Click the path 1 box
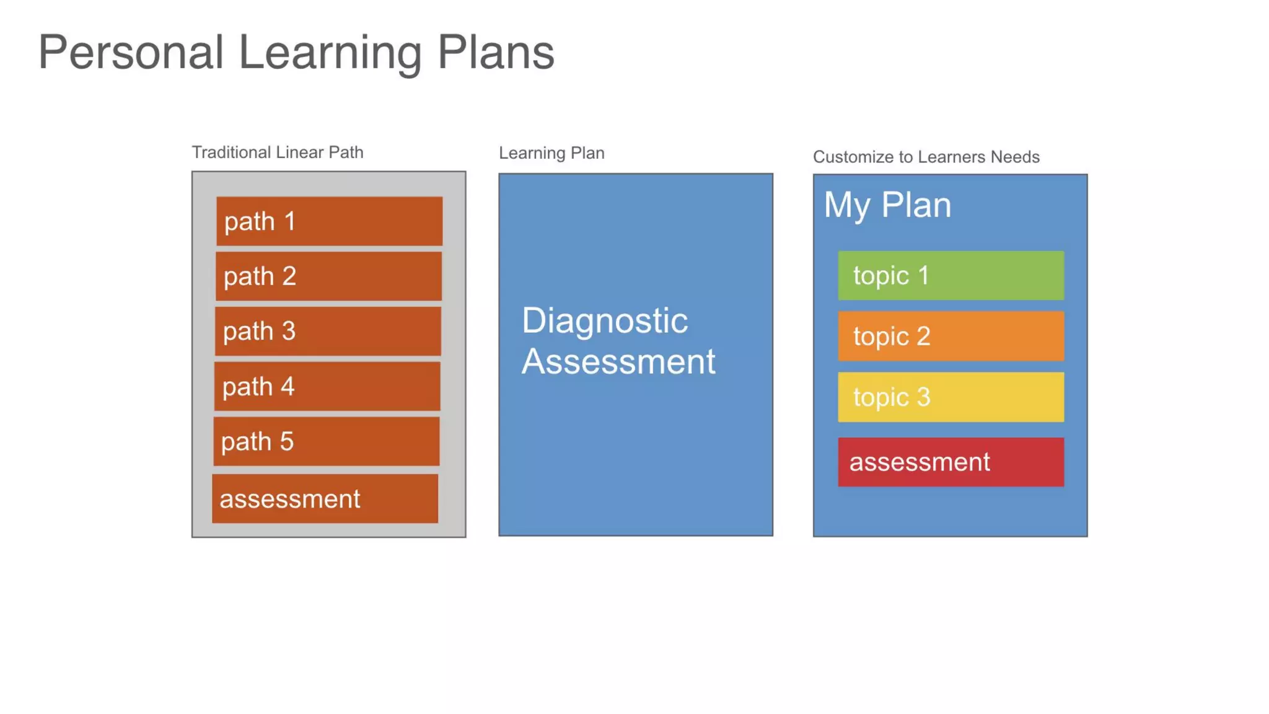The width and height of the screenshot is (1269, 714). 329,221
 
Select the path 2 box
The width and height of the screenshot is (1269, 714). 328,276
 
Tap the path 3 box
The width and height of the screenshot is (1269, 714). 328,331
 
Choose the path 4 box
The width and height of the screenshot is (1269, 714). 327,386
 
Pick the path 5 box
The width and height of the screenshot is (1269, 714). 327,441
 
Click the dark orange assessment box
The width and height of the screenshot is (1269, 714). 325,499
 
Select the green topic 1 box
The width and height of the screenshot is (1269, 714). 951,275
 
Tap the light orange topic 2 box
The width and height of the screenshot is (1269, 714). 951,336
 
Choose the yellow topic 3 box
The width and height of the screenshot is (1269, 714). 951,397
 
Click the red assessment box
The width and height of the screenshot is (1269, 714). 951,462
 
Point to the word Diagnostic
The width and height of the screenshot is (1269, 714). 605,321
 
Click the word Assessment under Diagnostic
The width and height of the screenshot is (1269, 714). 618,361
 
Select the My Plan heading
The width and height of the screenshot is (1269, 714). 887,205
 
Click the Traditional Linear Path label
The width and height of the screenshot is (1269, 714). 277,152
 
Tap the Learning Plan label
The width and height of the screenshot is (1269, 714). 551,153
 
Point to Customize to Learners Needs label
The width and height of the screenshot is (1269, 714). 926,157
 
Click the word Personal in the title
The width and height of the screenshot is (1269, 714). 131,52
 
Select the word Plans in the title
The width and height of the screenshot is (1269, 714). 496,52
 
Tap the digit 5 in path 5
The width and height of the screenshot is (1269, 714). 286,441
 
